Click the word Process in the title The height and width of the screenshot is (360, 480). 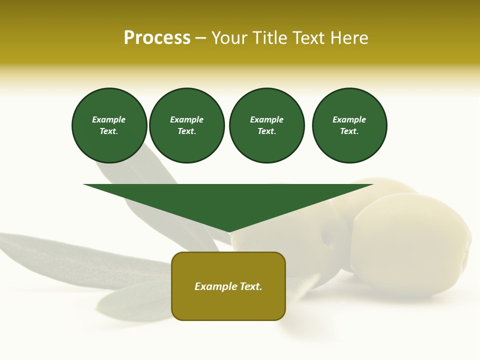(157, 38)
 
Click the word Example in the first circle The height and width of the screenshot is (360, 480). (108, 119)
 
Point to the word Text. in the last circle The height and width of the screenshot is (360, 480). (349, 131)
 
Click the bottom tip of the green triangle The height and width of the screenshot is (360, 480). (229, 231)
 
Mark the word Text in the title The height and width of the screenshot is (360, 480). (308, 38)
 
